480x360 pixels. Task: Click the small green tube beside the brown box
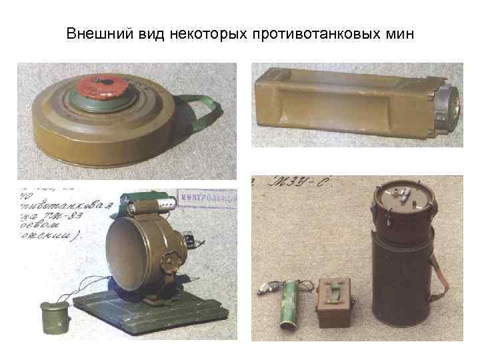pyautogui.click(x=292, y=307)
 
